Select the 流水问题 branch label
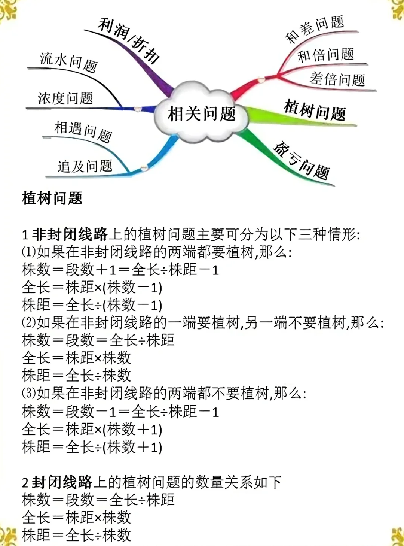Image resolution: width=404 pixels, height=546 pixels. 68,62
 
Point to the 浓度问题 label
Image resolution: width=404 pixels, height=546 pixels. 65,98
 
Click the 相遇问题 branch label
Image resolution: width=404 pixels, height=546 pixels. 83,131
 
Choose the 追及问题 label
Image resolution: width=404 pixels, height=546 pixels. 85,166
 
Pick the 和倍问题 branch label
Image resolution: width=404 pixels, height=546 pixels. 325,55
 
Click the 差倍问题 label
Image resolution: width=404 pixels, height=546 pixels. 337,79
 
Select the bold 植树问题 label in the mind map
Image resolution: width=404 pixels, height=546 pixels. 315,110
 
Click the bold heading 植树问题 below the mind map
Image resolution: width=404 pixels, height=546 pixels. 52,198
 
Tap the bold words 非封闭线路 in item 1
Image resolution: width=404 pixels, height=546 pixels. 70,234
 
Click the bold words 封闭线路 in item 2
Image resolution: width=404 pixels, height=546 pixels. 62,482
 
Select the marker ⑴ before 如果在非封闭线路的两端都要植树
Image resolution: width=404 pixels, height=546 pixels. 28,252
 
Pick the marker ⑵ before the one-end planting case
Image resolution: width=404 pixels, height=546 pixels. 28,323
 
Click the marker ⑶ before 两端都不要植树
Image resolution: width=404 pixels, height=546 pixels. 28,394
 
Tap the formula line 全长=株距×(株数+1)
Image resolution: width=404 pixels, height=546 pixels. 92,429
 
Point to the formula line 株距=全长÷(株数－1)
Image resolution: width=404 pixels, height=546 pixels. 92,305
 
